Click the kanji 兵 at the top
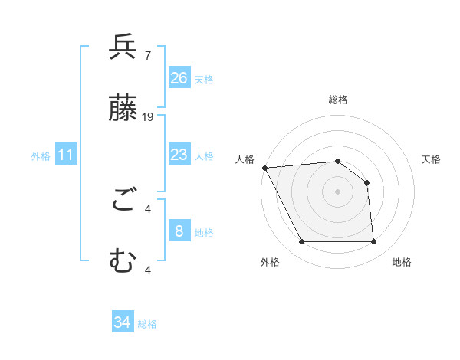[x=123, y=47]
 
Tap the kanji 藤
[x=123, y=109]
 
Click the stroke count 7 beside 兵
[x=147, y=55]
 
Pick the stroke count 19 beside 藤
[x=148, y=116]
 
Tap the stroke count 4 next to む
[x=148, y=269]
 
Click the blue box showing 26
[x=179, y=78]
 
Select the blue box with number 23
[x=179, y=155]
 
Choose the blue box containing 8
[x=179, y=231]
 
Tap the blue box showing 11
[x=66, y=155]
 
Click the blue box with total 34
[x=123, y=322]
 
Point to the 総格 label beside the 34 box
[x=147, y=324]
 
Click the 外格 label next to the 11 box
[x=41, y=156]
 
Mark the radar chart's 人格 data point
[x=264, y=168]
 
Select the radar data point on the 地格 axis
[x=373, y=242]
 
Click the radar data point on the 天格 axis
[x=366, y=182]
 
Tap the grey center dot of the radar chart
[x=337, y=191]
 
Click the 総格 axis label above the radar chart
[x=337, y=100]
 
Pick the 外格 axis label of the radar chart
[x=270, y=262]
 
